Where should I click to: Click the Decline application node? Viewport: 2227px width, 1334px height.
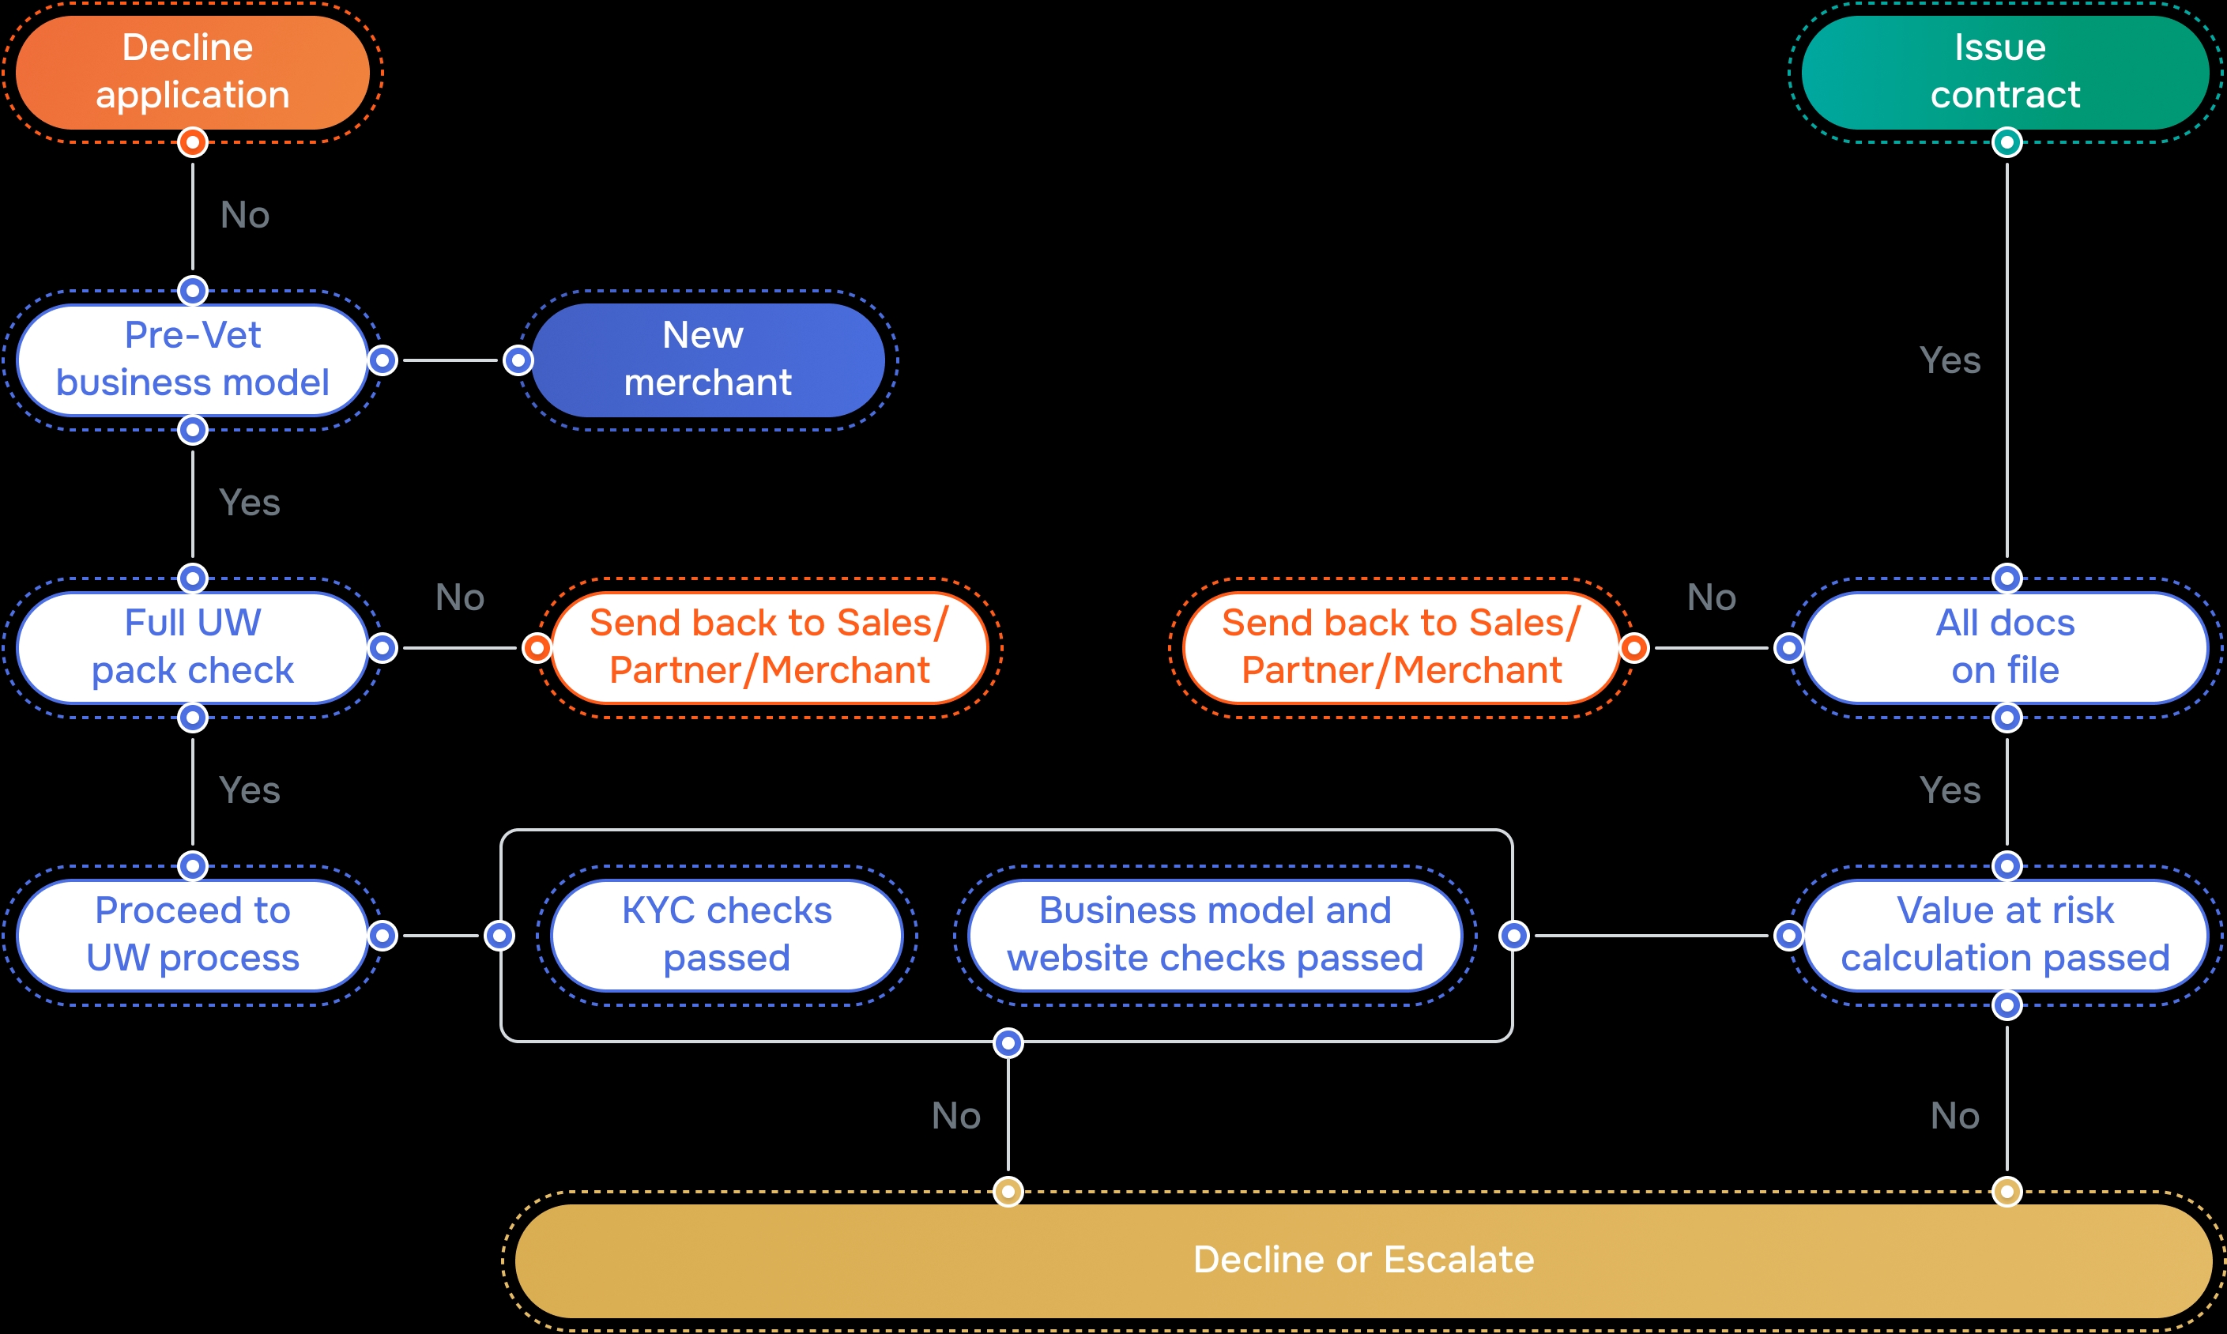click(x=192, y=72)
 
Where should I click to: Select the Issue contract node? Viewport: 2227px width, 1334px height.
click(x=2005, y=72)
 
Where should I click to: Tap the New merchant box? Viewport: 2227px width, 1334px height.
click(x=708, y=360)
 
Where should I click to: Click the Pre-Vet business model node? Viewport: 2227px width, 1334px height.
click(x=192, y=360)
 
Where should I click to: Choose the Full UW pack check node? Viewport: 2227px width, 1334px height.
click(x=192, y=647)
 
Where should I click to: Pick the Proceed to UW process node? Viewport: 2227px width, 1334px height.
click(x=192, y=935)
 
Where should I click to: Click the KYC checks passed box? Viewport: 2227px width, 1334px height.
click(x=726, y=935)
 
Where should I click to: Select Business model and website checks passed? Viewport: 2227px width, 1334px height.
click(x=1215, y=935)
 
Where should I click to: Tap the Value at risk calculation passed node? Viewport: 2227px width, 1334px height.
click(x=2005, y=935)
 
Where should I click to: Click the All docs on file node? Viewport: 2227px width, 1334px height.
click(x=2005, y=647)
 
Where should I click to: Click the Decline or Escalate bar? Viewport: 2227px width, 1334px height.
click(x=1363, y=1261)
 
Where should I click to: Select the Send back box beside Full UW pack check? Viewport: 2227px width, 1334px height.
click(x=769, y=647)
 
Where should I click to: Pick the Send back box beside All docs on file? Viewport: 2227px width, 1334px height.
click(x=1401, y=647)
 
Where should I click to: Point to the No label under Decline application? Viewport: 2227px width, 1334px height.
click(x=244, y=216)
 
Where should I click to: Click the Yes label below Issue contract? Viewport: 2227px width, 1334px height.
click(x=1950, y=360)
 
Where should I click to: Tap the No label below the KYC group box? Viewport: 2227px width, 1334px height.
click(x=955, y=1117)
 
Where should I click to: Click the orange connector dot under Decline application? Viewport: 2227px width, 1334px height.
click(x=192, y=142)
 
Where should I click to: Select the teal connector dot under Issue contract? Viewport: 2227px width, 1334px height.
click(x=2007, y=142)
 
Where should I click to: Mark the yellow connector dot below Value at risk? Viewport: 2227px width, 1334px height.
click(x=2007, y=1192)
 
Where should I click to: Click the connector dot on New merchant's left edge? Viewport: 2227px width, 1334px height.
click(x=518, y=360)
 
